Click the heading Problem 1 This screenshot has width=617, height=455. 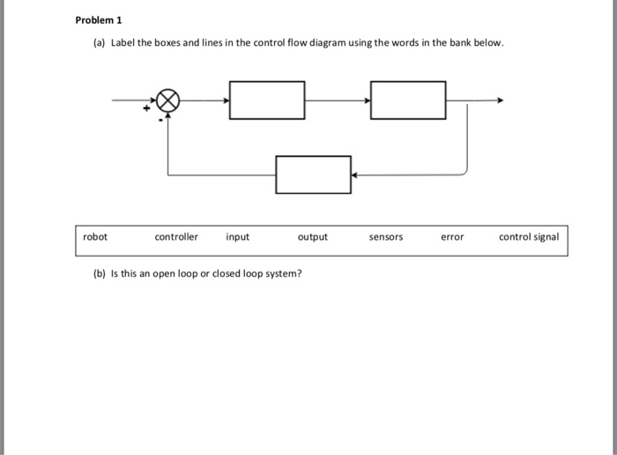pyautogui.click(x=100, y=19)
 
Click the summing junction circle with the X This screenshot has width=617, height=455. pyautogui.click(x=168, y=101)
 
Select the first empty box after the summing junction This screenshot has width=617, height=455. pyautogui.click(x=267, y=101)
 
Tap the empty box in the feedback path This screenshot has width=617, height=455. pyautogui.click(x=313, y=175)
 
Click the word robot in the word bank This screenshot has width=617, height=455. pyautogui.click(x=95, y=237)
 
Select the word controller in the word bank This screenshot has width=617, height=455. pyautogui.click(x=176, y=237)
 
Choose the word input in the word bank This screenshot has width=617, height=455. pyautogui.click(x=238, y=237)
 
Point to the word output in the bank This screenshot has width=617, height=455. pyautogui.click(x=313, y=237)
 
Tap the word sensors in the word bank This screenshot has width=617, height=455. pyautogui.click(x=386, y=237)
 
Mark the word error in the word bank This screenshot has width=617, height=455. pyautogui.click(x=452, y=237)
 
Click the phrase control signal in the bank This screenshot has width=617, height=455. pyautogui.click(x=529, y=237)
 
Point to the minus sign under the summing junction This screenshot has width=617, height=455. pyautogui.click(x=160, y=119)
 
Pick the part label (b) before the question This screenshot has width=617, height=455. pyautogui.click(x=100, y=273)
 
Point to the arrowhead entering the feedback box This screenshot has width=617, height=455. pyautogui.click(x=354, y=175)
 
